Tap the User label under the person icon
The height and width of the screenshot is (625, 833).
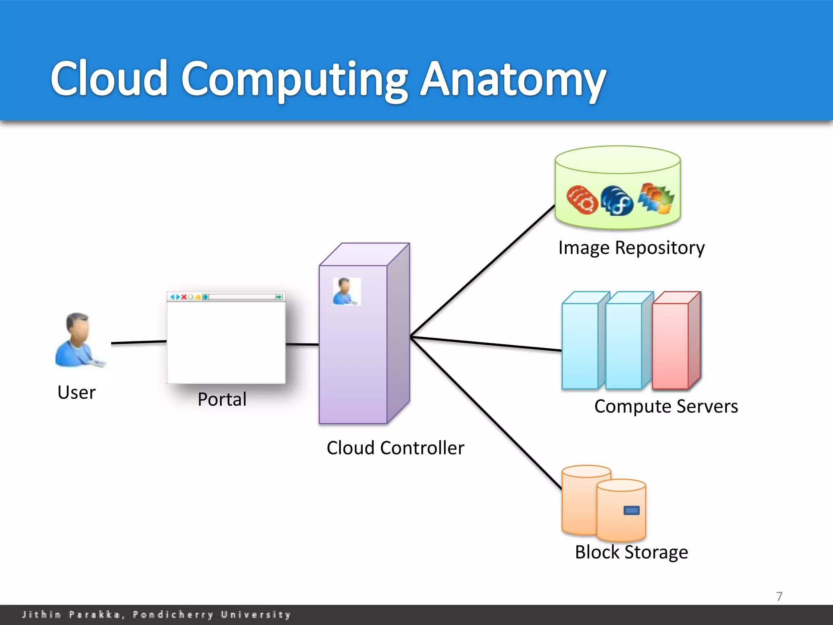point(76,392)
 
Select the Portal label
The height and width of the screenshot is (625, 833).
point(222,399)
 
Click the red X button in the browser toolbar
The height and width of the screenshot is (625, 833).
point(184,297)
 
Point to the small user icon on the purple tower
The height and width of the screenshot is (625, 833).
point(347,291)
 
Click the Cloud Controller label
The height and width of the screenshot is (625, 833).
point(395,448)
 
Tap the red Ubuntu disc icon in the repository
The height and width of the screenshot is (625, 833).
point(582,199)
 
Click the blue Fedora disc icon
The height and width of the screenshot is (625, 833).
point(617,201)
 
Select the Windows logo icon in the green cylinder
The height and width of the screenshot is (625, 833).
point(656,198)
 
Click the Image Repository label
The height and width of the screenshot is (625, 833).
point(631,248)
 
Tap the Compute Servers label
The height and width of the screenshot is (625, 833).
point(666,406)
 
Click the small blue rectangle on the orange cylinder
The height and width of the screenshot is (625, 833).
point(631,510)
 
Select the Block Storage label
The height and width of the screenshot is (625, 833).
point(631,552)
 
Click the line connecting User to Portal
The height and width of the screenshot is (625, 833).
point(138,342)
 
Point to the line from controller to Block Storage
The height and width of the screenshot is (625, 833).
point(486,413)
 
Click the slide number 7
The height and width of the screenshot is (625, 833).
point(779,597)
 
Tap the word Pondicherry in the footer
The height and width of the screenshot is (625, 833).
point(173,614)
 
